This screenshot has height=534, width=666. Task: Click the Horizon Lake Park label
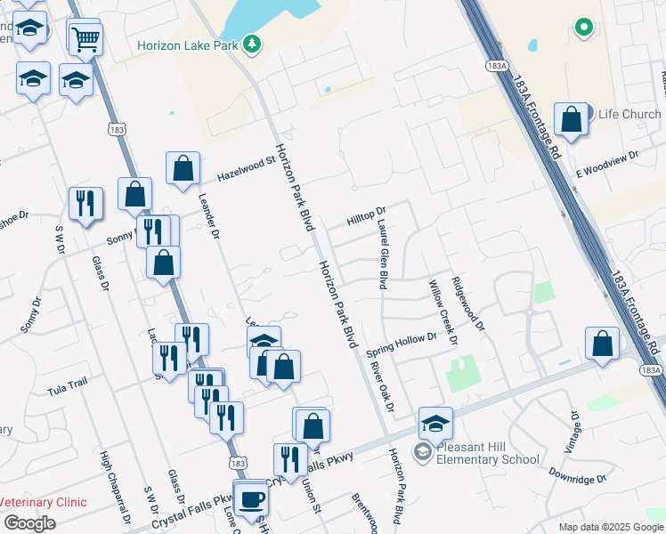pos(188,44)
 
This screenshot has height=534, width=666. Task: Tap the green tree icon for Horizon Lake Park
pos(252,44)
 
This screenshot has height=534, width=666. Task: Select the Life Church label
pos(629,114)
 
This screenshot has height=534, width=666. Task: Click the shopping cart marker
pos(85,38)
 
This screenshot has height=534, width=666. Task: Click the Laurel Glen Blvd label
pos(381,255)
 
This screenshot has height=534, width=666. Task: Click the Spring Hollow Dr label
pos(402,345)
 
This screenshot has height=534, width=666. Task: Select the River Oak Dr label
pos(383,385)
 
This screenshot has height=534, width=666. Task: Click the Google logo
pos(29,523)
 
